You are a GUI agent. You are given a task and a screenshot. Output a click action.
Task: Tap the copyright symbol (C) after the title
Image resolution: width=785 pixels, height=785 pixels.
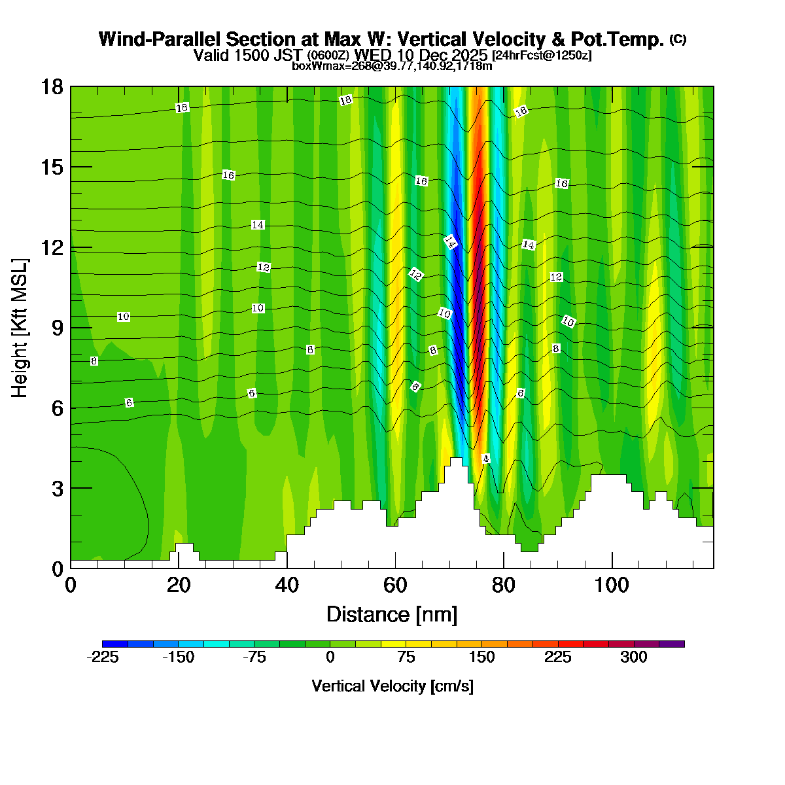pyautogui.click(x=678, y=39)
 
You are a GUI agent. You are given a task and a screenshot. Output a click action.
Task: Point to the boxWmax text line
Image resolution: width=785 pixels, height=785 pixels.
pyautogui.click(x=392, y=65)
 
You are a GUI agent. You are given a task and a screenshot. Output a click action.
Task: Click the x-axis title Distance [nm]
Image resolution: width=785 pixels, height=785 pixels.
pyautogui.click(x=392, y=614)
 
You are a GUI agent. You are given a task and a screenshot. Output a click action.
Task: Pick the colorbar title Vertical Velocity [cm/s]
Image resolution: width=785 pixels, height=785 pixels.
pyautogui.click(x=392, y=686)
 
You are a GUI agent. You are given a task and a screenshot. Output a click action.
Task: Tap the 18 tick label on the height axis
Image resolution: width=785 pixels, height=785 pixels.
pyautogui.click(x=52, y=87)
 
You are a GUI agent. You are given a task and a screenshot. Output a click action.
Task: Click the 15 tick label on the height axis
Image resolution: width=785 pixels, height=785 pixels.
pyautogui.click(x=52, y=167)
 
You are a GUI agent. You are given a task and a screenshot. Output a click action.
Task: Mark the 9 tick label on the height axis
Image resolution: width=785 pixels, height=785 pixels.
pyautogui.click(x=57, y=328)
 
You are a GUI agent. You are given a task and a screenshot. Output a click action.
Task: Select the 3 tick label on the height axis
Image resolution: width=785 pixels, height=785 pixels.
pyautogui.click(x=57, y=489)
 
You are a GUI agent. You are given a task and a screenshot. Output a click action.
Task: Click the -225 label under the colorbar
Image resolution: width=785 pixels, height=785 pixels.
pyautogui.click(x=103, y=658)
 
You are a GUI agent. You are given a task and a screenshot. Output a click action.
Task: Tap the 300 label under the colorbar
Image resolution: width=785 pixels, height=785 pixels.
pyautogui.click(x=634, y=658)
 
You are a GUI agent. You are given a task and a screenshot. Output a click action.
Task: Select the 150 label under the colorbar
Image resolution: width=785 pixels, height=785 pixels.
pyautogui.click(x=482, y=658)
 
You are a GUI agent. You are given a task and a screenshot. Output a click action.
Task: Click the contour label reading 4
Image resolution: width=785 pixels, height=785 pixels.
pyautogui.click(x=485, y=459)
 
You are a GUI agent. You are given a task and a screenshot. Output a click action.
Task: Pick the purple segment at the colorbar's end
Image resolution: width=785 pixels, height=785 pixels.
pyautogui.click(x=672, y=644)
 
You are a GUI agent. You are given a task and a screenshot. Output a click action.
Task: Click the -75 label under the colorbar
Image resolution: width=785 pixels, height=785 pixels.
pyautogui.click(x=254, y=658)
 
